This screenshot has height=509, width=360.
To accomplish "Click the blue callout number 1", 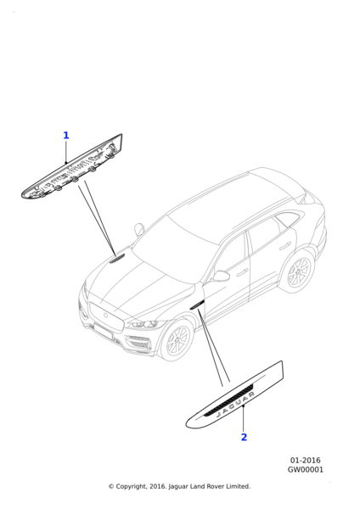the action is click(66, 135).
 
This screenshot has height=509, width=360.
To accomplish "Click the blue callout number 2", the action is click(244, 437).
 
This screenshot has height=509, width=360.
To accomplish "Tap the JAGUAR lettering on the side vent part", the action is click(235, 404).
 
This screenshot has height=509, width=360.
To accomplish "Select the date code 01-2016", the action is click(305, 461).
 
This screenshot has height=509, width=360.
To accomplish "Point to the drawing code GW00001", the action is click(306, 469).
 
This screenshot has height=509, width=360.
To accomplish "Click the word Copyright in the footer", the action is click(130, 487).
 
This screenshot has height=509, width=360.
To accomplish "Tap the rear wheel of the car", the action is click(298, 271).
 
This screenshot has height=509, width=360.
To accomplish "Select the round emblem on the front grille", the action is click(105, 316).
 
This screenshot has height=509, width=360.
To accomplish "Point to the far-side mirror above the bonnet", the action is click(140, 229).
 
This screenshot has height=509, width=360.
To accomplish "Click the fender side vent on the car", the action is click(197, 305).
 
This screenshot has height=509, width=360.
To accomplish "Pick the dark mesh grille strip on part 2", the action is click(229, 400).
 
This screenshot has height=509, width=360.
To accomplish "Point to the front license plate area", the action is click(103, 331).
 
